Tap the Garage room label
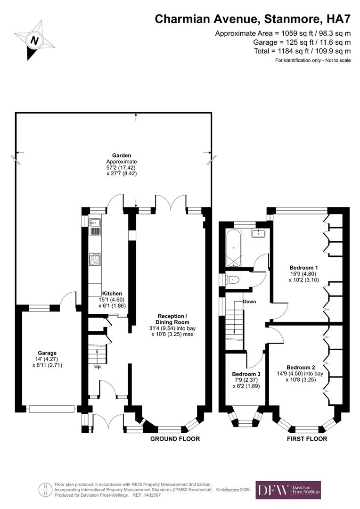pos(47,353)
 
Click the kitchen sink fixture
pos(95,227)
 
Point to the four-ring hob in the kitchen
pos(95,259)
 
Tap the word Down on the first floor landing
pos(249,302)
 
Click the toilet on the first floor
pos(233,280)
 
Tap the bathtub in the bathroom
pos(233,248)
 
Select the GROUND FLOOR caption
pos(175,439)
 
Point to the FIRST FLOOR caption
pos(307,439)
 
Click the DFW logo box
pos(288,490)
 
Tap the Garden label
pos(121,155)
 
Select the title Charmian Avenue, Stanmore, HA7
pos(253,19)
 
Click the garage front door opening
pos(51,409)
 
